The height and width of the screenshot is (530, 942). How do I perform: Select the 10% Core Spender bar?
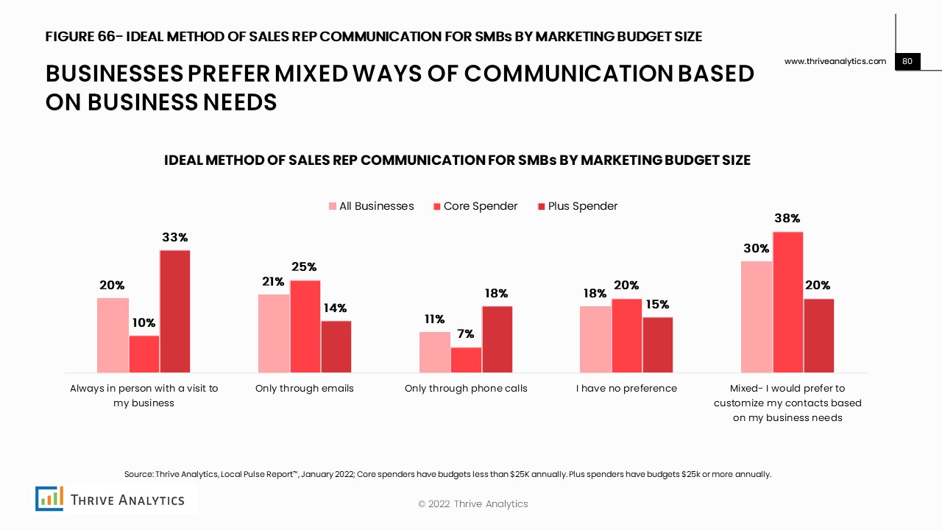144,354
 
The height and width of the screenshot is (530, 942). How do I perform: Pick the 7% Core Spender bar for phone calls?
466,360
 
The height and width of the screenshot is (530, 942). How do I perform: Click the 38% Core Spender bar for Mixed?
787,302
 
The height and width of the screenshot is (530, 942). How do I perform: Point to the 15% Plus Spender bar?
658,344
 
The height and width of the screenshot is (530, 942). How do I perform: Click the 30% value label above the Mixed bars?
756,249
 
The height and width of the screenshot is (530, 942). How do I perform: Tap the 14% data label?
335,308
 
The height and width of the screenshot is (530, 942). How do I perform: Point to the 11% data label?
434,319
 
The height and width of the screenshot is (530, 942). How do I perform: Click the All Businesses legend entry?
371,206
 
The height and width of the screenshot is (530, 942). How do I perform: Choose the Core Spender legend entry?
475,206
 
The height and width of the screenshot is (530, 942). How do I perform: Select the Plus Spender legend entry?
578,206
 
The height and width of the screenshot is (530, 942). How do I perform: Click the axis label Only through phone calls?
466,388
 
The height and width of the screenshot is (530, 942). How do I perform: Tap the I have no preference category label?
626,388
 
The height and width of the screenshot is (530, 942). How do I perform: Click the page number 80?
907,61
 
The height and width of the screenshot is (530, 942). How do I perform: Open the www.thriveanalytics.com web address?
835,61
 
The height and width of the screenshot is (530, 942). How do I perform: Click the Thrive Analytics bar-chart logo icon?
49,498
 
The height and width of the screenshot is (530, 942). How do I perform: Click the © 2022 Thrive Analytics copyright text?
472,504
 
